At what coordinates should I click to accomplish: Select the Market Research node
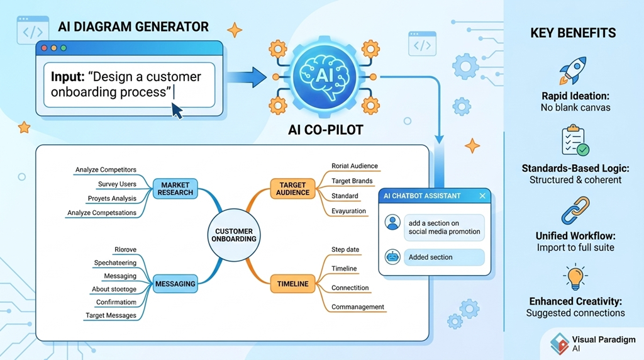click(175, 188)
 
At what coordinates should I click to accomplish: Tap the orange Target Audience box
click(292, 189)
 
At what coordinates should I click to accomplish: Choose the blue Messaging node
click(175, 284)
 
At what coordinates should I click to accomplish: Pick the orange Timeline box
click(292, 284)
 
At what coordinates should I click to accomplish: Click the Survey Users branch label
click(117, 184)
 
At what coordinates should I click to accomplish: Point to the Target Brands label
click(352, 181)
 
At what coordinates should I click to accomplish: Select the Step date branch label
click(345, 250)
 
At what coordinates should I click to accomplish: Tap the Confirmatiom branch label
click(116, 302)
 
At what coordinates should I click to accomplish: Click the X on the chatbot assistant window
click(482, 196)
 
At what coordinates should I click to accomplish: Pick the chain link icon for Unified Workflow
click(575, 210)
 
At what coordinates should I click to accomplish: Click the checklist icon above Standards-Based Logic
click(575, 141)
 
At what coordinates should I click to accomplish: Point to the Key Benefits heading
click(573, 33)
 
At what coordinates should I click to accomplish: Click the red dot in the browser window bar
click(45, 48)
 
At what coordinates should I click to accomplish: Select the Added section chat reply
click(444, 257)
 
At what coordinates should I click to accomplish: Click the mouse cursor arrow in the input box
click(177, 111)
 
